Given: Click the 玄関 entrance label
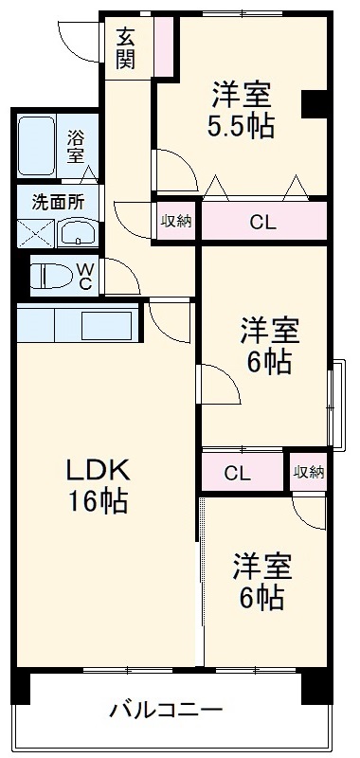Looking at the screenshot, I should pyautogui.click(x=126, y=49).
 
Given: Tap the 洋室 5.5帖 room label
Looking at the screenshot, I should pyautogui.click(x=242, y=111).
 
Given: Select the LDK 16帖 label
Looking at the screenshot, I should pyautogui.click(x=97, y=484).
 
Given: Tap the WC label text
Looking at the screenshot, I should pyautogui.click(x=84, y=277).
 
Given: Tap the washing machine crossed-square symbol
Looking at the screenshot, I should pyautogui.click(x=37, y=233).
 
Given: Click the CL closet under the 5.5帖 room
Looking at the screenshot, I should pyautogui.click(x=263, y=223).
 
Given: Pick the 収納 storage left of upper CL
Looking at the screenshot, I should pyautogui.click(x=176, y=222).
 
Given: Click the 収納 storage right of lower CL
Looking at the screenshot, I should pyautogui.click(x=308, y=471).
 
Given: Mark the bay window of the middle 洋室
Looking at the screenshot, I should pyautogui.click(x=333, y=403).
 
